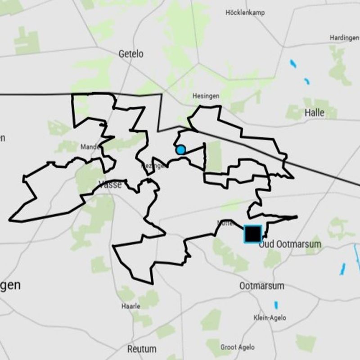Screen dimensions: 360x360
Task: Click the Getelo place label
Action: (131, 54)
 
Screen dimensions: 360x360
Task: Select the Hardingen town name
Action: (344, 38)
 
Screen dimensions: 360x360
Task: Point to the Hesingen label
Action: (206, 96)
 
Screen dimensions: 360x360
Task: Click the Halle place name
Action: (314, 112)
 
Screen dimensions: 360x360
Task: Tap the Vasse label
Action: (110, 184)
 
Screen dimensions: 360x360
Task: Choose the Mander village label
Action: (90, 147)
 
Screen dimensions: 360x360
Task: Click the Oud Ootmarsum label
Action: (290, 244)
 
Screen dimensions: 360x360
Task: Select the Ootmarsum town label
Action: (261, 286)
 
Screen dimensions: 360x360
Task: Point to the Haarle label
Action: (131, 306)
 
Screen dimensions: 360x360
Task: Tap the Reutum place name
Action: (142, 349)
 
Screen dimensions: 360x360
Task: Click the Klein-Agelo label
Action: (270, 318)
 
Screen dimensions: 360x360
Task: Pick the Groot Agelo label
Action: (237, 347)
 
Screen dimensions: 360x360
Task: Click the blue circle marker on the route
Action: (180, 150)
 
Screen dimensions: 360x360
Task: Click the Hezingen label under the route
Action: (154, 166)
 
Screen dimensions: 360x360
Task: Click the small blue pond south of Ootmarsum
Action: (276, 305)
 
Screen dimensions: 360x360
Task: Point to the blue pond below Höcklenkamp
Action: (293, 64)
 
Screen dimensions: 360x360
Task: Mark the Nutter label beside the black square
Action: (225, 223)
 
